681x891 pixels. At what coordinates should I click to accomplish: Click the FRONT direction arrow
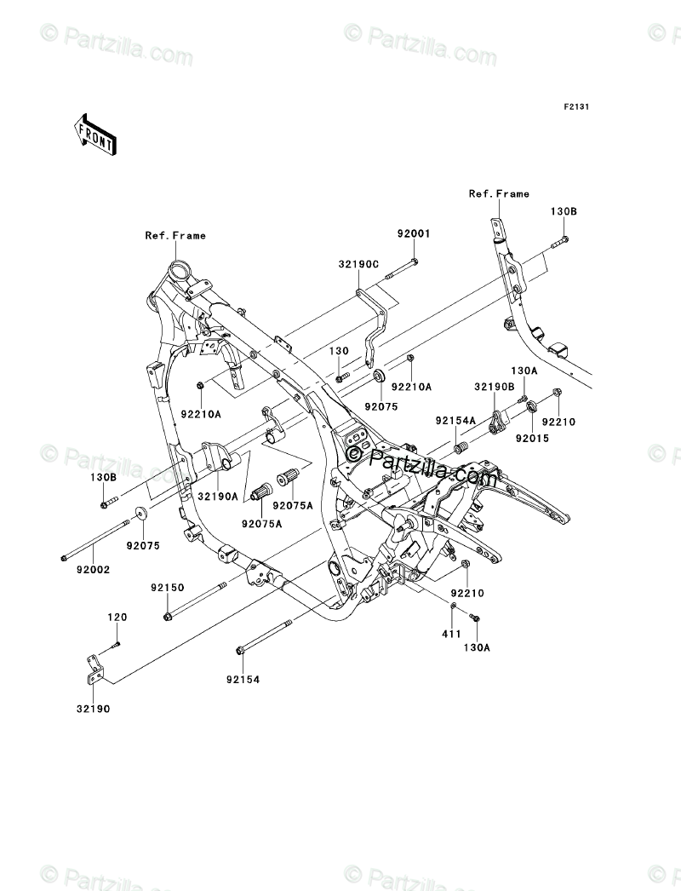(94, 134)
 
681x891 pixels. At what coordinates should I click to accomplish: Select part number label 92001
(414, 233)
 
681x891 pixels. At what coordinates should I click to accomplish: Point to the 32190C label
(359, 264)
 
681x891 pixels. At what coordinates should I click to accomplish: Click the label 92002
(93, 569)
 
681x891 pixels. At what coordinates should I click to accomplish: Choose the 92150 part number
(168, 588)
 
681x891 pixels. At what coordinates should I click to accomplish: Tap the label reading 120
(117, 617)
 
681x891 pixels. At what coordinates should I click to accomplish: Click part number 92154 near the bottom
(243, 679)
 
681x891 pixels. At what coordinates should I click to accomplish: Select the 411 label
(451, 634)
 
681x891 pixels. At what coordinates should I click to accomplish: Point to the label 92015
(533, 439)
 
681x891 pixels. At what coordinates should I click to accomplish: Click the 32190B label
(495, 387)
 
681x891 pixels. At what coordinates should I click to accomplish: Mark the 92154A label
(455, 421)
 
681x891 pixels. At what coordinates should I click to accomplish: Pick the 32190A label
(218, 496)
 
